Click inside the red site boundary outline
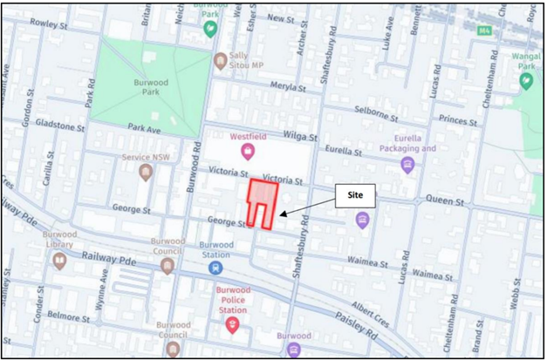pyautogui.click(x=263, y=197)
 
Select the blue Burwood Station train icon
pyautogui.click(x=215, y=268)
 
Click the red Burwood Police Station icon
pyautogui.click(x=231, y=325)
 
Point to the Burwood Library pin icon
pyautogui.click(x=59, y=261)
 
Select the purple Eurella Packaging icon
pyautogui.click(x=407, y=165)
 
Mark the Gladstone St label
pyautogui.click(x=58, y=125)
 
